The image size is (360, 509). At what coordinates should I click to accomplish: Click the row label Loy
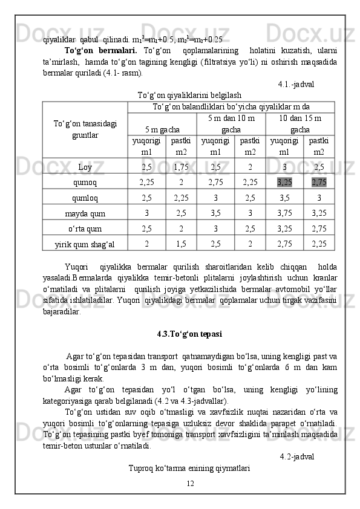pyautogui.click(x=85, y=166)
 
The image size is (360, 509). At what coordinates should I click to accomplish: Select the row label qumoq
pyautogui.click(x=85, y=182)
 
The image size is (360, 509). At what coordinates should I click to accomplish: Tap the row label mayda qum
pyautogui.click(x=85, y=213)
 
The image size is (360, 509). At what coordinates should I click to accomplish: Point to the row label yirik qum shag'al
pyautogui.click(x=85, y=244)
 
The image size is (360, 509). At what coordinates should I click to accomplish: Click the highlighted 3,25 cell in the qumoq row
pyautogui.click(x=285, y=181)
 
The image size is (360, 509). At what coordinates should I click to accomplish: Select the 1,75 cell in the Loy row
pyautogui.click(x=181, y=166)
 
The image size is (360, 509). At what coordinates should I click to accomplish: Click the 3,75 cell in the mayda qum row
pyautogui.click(x=285, y=213)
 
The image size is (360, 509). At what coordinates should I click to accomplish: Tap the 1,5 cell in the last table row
pyautogui.click(x=181, y=244)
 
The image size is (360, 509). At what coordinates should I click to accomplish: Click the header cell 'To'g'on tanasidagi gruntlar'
pyautogui.click(x=85, y=129)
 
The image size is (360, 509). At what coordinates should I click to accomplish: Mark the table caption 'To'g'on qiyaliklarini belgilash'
pyautogui.click(x=189, y=95)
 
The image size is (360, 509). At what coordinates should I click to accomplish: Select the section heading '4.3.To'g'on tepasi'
pyautogui.click(x=189, y=334)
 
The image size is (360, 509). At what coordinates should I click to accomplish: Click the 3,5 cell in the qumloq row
pyautogui.click(x=285, y=197)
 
